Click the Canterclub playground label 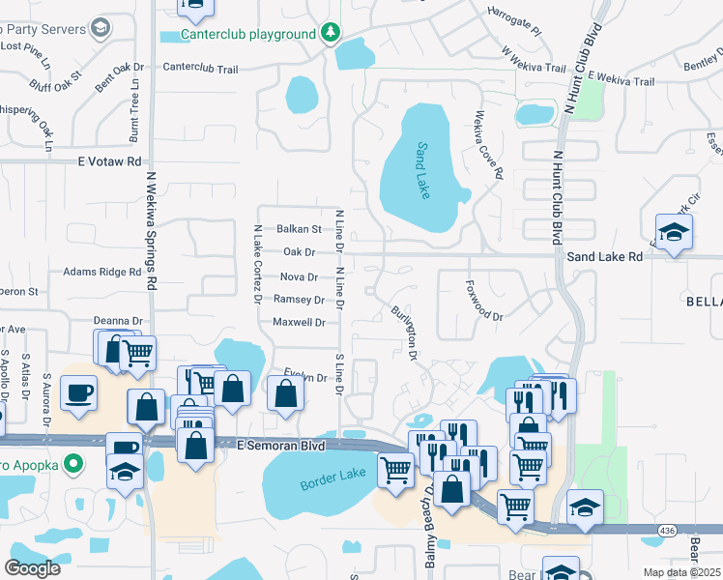[x=249, y=35]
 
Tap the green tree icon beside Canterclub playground [x=331, y=34]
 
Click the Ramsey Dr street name [x=298, y=300]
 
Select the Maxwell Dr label [x=298, y=322]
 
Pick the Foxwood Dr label [x=484, y=300]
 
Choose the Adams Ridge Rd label [x=101, y=273]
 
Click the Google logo [x=32, y=567]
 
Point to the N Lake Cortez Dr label [x=258, y=264]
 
